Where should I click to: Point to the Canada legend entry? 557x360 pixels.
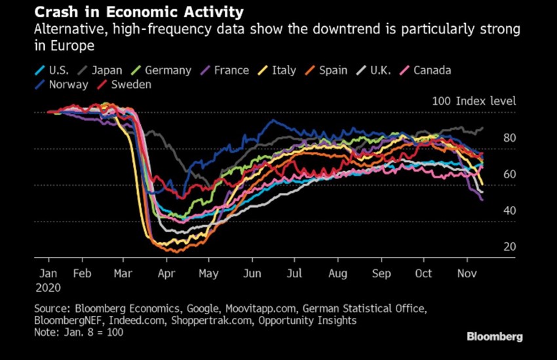pos(431,70)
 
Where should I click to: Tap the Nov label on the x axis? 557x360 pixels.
pos(466,273)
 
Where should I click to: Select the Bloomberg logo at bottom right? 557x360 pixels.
pos(494,336)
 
